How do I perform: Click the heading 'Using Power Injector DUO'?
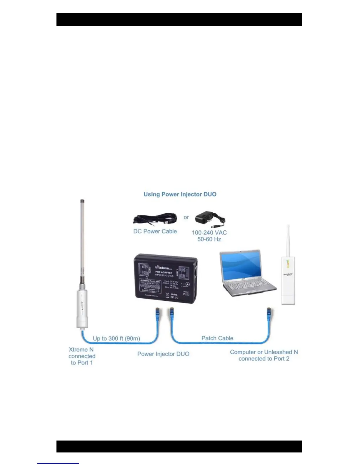point(180,194)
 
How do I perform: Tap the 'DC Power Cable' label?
point(155,232)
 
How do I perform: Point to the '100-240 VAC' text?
point(209,233)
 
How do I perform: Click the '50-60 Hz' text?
point(209,239)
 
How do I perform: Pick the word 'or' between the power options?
point(186,217)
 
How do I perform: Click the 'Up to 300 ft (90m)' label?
point(116,339)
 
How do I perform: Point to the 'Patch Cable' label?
point(217,338)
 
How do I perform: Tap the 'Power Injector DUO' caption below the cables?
point(163,354)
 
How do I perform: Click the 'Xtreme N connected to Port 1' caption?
point(82,356)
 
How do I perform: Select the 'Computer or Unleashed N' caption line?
point(264,352)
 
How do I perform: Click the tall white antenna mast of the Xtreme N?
point(82,238)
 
